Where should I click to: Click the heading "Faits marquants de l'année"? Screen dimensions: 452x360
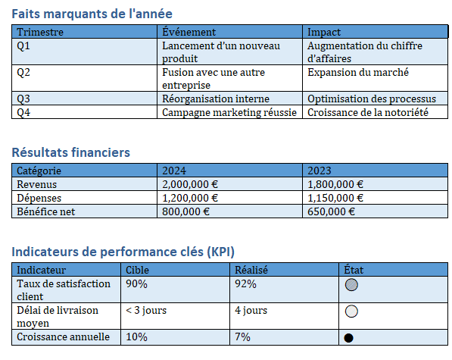(x=92, y=14)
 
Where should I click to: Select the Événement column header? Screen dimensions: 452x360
(x=189, y=32)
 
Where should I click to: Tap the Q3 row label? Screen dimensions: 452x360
(x=23, y=99)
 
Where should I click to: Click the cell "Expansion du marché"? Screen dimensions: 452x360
(x=358, y=72)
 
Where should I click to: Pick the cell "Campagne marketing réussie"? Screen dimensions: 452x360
(x=229, y=112)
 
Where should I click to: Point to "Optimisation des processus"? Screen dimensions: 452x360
(x=372, y=99)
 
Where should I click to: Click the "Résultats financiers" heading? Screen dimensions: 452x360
(x=71, y=152)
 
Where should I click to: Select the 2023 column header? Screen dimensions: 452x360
(x=320, y=171)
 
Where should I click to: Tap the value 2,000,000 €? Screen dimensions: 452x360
(x=190, y=184)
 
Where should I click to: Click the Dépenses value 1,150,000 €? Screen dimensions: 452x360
(x=335, y=198)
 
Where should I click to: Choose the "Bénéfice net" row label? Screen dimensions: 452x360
(x=46, y=211)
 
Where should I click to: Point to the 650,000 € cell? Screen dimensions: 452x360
(x=331, y=211)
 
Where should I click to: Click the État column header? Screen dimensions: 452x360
(x=354, y=270)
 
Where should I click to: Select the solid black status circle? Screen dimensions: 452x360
(x=348, y=338)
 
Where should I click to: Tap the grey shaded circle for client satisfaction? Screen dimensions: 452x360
(x=351, y=285)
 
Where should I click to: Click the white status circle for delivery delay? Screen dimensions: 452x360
(x=351, y=311)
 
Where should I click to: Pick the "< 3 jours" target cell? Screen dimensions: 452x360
(x=146, y=311)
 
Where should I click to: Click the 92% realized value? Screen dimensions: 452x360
(x=245, y=284)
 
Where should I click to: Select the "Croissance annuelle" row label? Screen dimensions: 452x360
(x=63, y=337)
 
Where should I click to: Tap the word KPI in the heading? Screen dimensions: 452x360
(x=222, y=252)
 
